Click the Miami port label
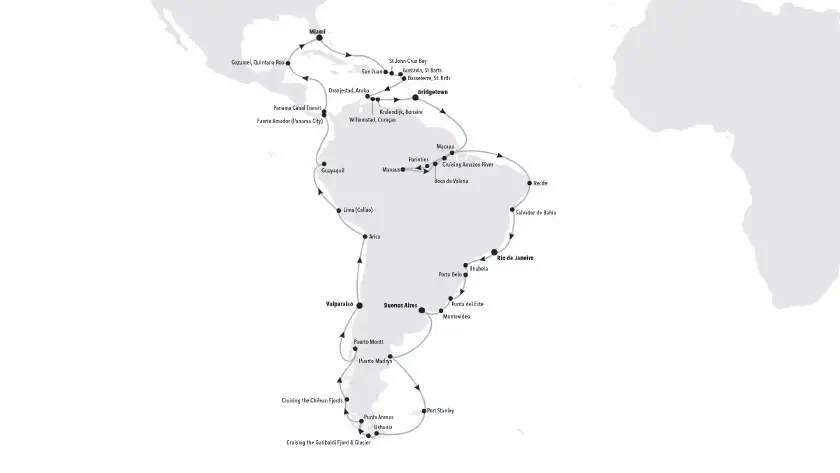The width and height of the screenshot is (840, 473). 319,31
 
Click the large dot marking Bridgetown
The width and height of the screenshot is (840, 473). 415,98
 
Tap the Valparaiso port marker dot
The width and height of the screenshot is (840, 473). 360,306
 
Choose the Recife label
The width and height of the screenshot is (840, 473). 541,184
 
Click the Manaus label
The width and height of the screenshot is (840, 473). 389,170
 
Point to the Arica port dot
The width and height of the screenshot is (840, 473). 362,236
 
